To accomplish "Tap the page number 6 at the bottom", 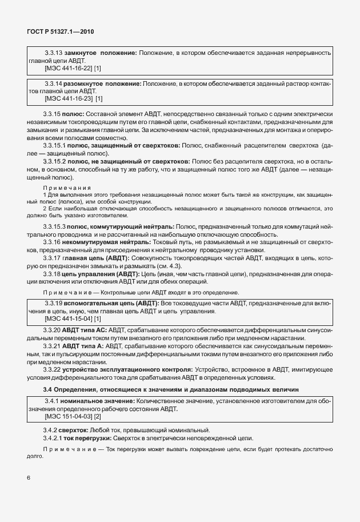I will pos(28,477).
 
